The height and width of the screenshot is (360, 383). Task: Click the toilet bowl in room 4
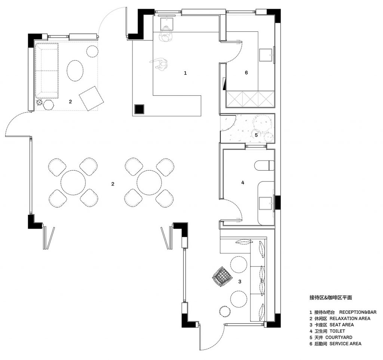pos(264,165)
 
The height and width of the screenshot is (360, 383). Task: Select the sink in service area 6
pos(266,55)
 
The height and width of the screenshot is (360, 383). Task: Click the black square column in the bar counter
pos(140,109)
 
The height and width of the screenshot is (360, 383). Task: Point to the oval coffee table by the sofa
pos(75,70)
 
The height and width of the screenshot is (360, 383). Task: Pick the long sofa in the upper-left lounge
pos(47,71)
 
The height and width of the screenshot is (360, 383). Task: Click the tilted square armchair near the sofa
pos(91,98)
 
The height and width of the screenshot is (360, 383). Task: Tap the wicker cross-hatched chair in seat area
pos(222,276)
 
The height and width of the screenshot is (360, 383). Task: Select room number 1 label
pos(185,73)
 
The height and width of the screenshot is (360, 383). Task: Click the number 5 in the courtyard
pos(256,135)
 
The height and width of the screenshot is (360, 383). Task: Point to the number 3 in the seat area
pos(240,281)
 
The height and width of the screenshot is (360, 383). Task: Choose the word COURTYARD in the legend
pos(339,337)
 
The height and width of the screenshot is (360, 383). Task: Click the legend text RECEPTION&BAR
pos(358,312)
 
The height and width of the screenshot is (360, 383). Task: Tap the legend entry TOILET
pos(337,331)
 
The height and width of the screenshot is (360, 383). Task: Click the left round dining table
pos(73,182)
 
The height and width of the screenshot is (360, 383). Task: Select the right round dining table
pos(149,182)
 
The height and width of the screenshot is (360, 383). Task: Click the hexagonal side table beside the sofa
pos(48,105)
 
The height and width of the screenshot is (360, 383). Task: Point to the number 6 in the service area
pos(246,73)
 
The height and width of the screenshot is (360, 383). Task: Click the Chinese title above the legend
pos(331,298)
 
